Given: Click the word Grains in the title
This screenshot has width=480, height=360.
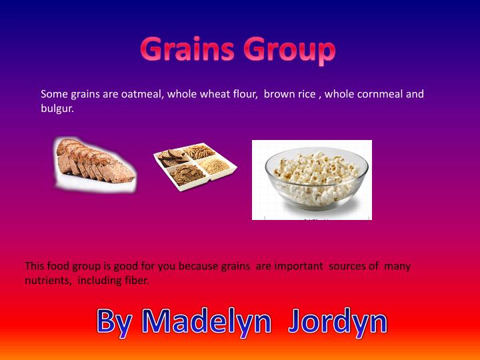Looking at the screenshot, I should pos(188,50).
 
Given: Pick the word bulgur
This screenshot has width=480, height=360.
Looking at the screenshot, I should pos(57,108).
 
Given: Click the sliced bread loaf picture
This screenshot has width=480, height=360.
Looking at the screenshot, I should pos(95,163).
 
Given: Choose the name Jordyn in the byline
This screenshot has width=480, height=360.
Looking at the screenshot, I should pos(338,321).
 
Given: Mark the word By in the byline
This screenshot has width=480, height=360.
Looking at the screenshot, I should pos(116,321).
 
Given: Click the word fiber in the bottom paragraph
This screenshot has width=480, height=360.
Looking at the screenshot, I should pos(135,281).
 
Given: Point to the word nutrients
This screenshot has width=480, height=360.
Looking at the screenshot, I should pos(47,281).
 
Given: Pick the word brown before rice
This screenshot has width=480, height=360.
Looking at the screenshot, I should pos(279,94).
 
